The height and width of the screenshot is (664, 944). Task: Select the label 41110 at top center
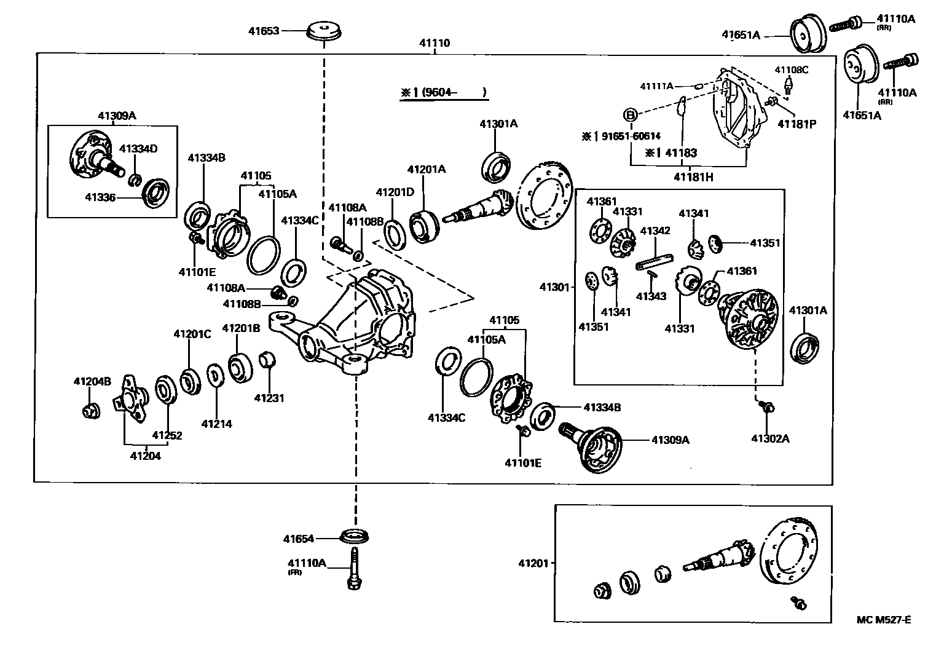tap(435, 43)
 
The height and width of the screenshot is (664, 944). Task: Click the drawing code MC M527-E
tap(884, 619)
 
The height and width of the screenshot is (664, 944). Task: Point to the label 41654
tap(299, 539)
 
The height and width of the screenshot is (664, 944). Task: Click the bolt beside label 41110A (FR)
tap(355, 571)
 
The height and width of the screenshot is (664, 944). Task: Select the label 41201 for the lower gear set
tap(533, 563)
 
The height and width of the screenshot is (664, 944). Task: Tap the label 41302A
tap(770, 438)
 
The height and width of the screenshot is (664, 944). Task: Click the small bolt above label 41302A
tap(766, 406)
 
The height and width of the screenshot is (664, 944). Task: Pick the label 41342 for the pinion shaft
tap(655, 231)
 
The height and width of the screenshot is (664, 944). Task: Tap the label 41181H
tap(693, 177)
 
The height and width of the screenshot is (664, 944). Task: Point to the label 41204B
tap(92, 381)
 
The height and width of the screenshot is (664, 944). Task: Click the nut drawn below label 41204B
tap(90, 410)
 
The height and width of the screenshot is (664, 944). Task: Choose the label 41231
tap(269, 398)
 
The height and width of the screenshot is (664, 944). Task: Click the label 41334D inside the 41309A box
tap(138, 148)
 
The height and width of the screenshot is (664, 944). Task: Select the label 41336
tap(101, 197)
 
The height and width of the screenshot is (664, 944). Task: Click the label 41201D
tap(395, 192)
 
